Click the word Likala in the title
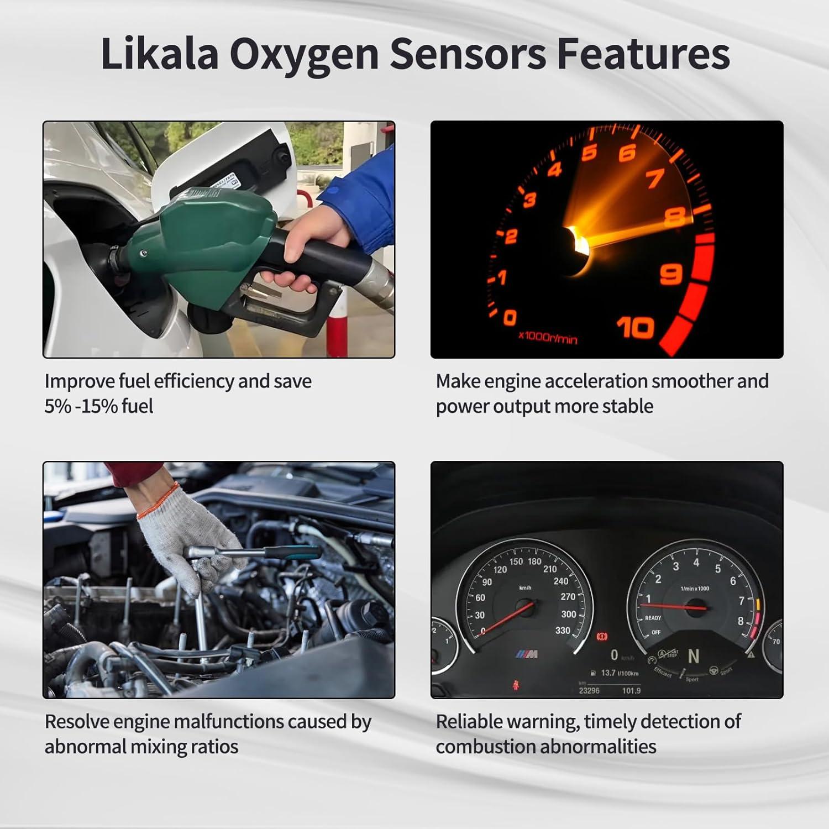click(159, 54)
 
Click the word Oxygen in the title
click(304, 54)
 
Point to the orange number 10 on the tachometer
click(635, 328)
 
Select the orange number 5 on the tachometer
click(590, 152)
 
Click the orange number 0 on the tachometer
click(510, 317)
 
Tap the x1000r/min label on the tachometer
click(547, 337)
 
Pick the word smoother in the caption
click(691, 381)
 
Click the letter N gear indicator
click(693, 656)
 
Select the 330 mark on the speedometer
click(562, 631)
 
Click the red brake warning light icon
click(602, 637)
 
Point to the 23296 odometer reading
click(589, 690)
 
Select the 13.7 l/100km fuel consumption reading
click(619, 673)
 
